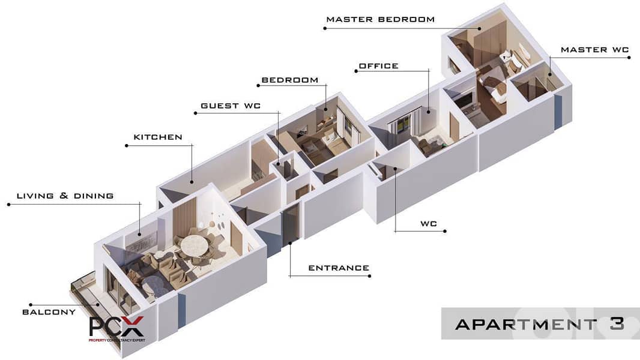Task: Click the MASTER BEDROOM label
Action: (x=381, y=19)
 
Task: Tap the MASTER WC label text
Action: (x=595, y=50)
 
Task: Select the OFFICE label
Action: (x=378, y=66)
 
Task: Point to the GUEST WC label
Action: (x=231, y=106)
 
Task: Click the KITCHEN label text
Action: (x=158, y=137)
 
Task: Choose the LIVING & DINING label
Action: (x=65, y=196)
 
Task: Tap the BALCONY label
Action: (x=49, y=312)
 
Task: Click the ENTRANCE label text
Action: (x=339, y=268)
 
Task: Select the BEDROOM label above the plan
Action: (x=290, y=80)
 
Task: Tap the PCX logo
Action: (x=116, y=328)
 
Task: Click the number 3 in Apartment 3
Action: (x=617, y=324)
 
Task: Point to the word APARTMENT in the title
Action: (x=526, y=325)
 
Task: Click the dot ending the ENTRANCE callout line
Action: (x=369, y=276)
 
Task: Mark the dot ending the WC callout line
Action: (x=444, y=231)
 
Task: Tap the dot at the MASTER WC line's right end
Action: (x=629, y=58)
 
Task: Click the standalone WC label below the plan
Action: (x=429, y=223)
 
